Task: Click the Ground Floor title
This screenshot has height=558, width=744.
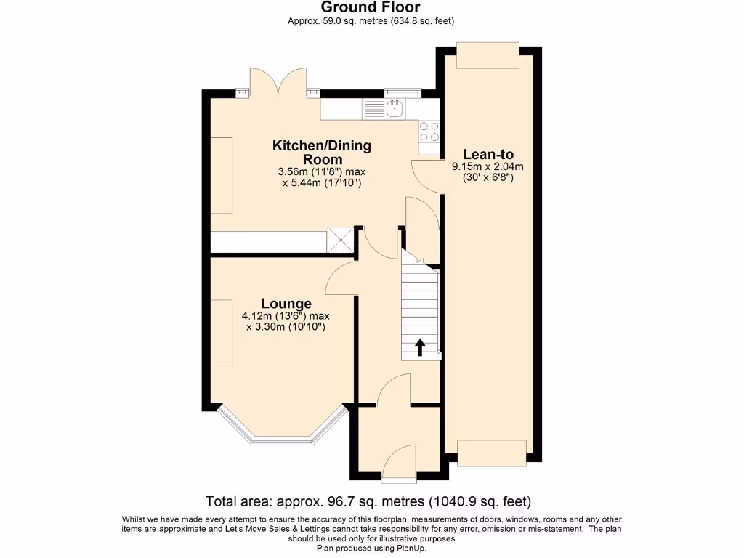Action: pyautogui.click(x=371, y=8)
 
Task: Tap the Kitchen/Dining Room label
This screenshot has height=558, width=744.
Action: pyautogui.click(x=321, y=152)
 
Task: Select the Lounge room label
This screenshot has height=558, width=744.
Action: pyautogui.click(x=286, y=304)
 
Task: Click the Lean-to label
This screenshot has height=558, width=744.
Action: pyautogui.click(x=488, y=154)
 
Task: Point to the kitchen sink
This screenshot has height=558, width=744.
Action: pyautogui.click(x=395, y=109)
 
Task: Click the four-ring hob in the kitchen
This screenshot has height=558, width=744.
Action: pyautogui.click(x=429, y=131)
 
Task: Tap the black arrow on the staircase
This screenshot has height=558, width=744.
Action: pyautogui.click(x=419, y=347)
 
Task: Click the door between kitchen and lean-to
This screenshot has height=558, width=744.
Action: pyautogui.click(x=427, y=176)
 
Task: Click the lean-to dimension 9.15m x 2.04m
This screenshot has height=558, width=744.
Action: pyautogui.click(x=488, y=166)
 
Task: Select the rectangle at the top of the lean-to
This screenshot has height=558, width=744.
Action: pyautogui.click(x=488, y=55)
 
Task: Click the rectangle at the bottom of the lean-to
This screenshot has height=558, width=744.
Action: pyautogui.click(x=490, y=453)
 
